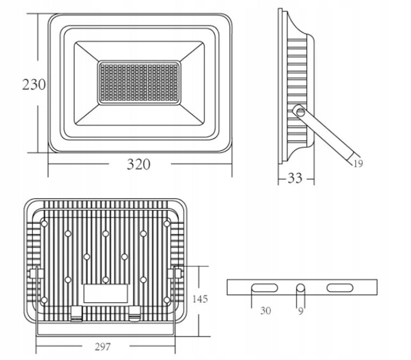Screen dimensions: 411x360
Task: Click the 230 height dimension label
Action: tap(34, 84)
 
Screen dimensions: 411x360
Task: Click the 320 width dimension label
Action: tap(139, 164)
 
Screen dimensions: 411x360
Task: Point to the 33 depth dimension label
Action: tap(295, 178)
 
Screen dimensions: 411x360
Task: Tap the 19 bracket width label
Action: tap(358, 164)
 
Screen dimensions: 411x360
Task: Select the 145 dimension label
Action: tap(200, 299)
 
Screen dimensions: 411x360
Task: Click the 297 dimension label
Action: tap(103, 347)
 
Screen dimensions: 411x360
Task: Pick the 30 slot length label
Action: tap(266, 311)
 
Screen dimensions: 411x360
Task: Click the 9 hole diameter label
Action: tap(301, 311)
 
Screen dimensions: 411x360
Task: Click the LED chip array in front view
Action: tap(139, 83)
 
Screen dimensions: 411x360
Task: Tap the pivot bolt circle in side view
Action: tap(300, 113)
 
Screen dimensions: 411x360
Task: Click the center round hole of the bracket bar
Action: tap(301, 288)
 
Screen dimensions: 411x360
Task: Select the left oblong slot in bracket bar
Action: tap(264, 288)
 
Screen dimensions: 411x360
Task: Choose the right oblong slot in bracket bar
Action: tap(340, 288)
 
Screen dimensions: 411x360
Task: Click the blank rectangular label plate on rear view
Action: tap(106, 294)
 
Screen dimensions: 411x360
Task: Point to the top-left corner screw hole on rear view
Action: tap(44, 224)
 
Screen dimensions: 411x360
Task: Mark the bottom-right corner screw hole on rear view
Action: tap(167, 300)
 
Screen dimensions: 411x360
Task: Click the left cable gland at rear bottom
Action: tap(77, 314)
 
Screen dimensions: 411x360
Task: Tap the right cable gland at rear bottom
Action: tap(135, 314)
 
